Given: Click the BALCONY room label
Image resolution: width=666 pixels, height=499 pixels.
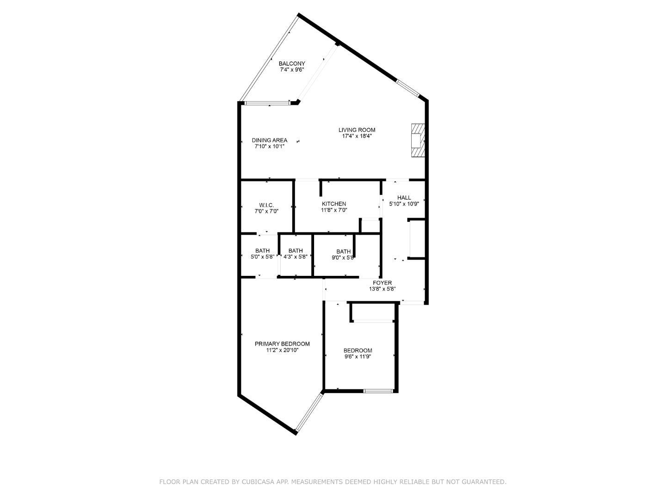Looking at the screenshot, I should (291, 64).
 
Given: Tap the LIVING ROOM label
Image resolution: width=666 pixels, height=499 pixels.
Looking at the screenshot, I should (357, 130).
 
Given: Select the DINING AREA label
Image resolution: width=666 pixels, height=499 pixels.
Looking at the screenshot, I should (269, 140).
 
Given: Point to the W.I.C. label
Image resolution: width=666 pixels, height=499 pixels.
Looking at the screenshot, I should (266, 205).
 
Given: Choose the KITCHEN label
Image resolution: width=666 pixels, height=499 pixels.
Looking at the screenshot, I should (334, 204).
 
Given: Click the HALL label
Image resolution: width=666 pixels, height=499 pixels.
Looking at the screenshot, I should (404, 198).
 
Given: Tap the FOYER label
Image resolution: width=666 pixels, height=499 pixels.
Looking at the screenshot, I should (382, 283).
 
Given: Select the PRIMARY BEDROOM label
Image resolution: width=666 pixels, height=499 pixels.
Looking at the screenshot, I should (282, 344).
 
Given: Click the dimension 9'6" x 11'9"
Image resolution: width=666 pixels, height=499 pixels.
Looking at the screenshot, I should (358, 357).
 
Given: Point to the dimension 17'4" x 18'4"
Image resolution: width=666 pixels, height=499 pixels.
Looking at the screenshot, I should (357, 136).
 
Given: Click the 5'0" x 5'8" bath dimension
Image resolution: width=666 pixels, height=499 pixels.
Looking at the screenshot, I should (262, 257).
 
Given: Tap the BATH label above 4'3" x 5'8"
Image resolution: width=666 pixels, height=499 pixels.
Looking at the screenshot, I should (296, 251).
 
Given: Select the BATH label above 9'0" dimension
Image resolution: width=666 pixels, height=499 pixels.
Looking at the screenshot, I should (343, 251).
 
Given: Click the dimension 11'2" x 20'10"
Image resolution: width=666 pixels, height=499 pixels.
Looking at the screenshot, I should (282, 350).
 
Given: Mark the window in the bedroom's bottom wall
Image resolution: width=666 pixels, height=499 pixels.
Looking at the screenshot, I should (378, 391).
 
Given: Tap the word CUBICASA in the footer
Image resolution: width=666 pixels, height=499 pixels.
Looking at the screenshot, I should (258, 482).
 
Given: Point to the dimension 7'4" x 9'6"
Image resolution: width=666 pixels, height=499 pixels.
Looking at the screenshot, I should (291, 70).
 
